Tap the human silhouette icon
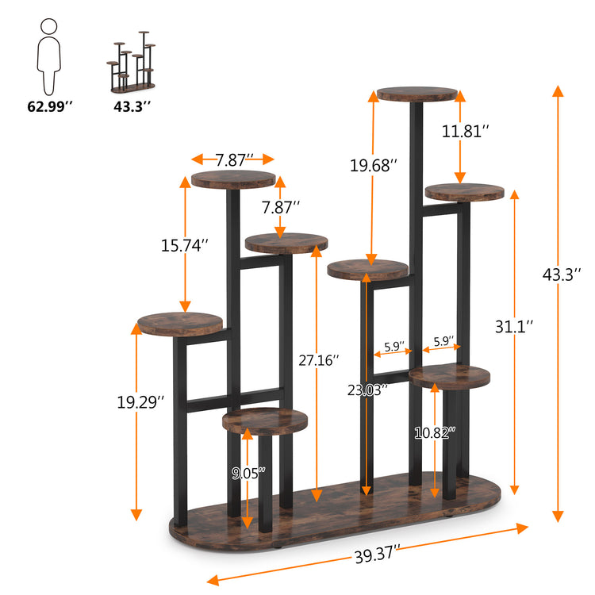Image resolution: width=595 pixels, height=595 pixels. (48, 56)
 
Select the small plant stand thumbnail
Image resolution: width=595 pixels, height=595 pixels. (131, 62)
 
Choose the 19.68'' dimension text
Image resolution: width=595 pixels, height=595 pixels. (374, 165)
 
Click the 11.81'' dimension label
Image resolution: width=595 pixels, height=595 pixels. (466, 131)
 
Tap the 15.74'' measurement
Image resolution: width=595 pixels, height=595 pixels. (185, 246)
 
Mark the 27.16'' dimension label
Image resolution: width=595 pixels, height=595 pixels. (317, 359)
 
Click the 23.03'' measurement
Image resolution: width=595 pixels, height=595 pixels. (367, 390)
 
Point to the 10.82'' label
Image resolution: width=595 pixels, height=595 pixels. (436, 432)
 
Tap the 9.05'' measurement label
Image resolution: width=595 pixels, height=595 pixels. (248, 473)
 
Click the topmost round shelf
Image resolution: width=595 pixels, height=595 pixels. (418, 94)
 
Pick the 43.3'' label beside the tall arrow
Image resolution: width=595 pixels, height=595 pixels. (562, 274)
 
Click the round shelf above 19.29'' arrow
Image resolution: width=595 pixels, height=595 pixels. (180, 322)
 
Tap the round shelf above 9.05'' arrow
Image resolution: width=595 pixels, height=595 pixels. (265, 420)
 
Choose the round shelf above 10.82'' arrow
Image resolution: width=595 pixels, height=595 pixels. (450, 376)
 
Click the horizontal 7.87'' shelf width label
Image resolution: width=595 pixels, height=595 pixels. (234, 159)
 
